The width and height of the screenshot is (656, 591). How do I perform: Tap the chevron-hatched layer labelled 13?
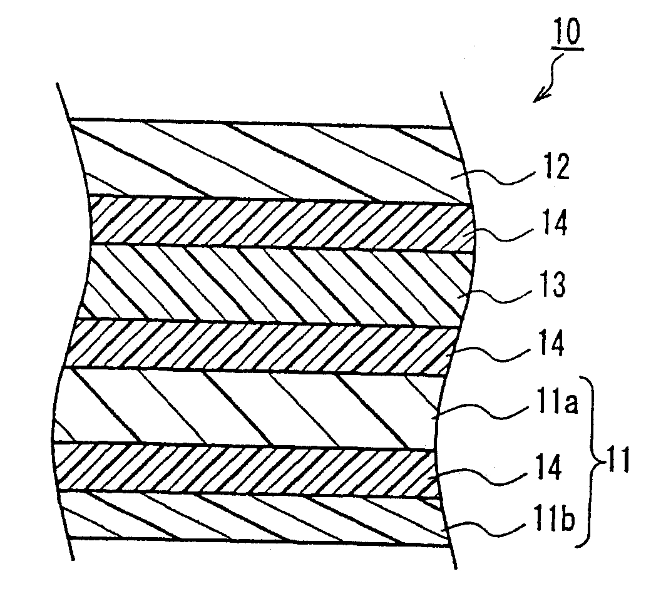[275, 281]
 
